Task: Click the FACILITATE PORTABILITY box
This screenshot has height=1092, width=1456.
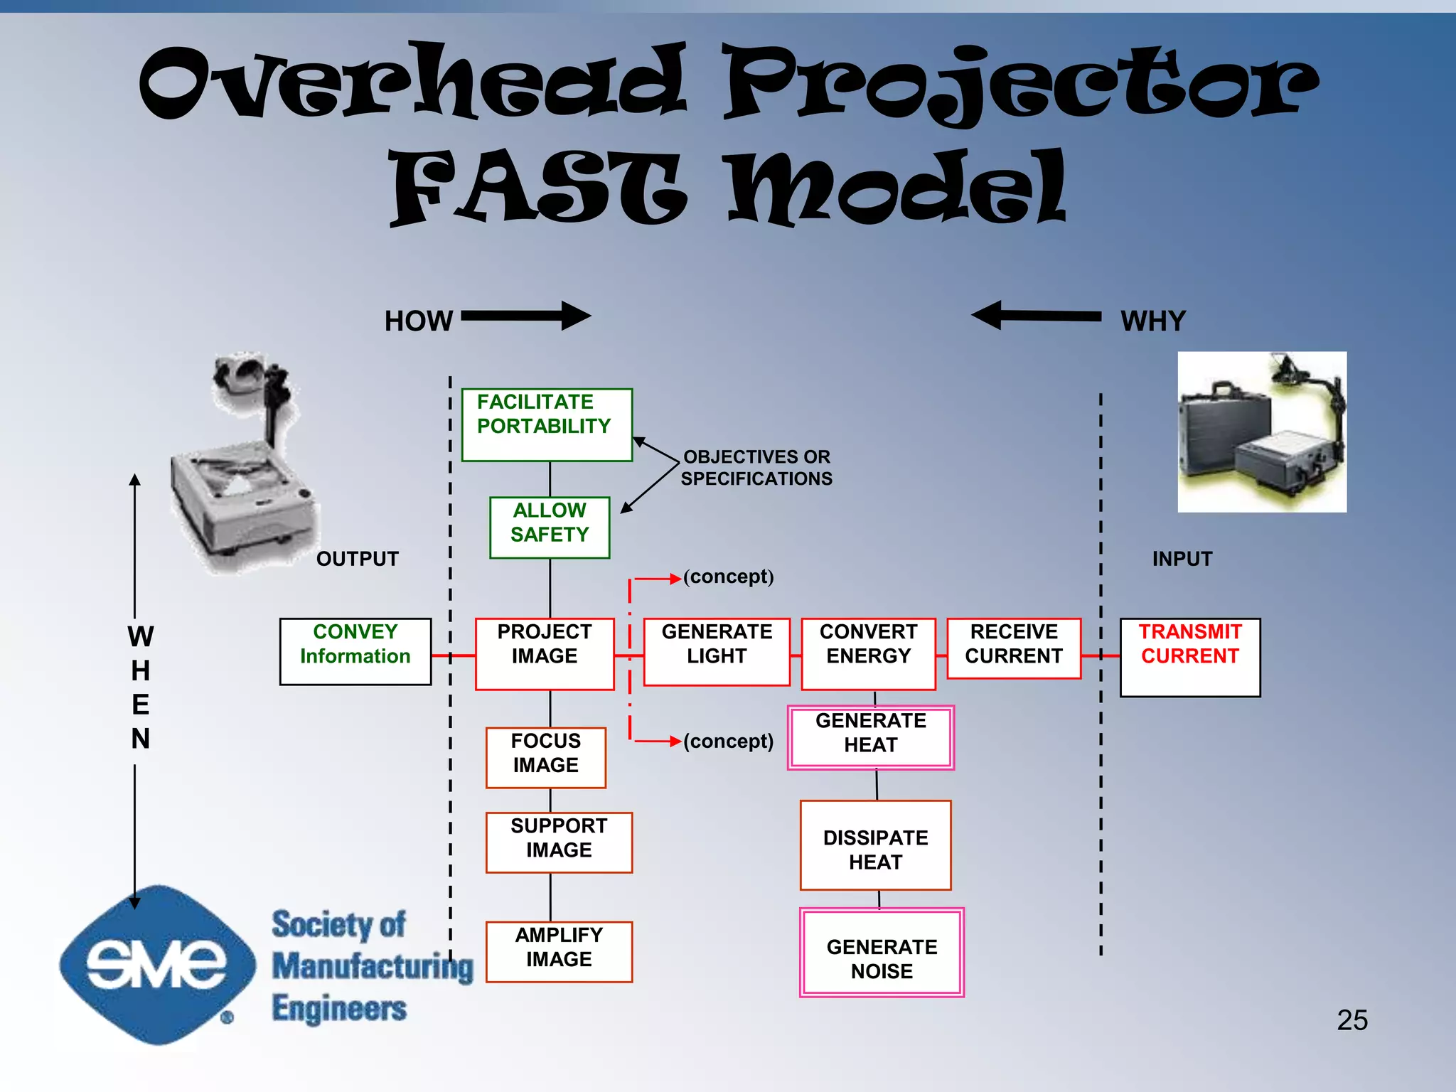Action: pyautogui.click(x=547, y=424)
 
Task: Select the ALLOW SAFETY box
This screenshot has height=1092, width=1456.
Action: pyautogui.click(x=550, y=527)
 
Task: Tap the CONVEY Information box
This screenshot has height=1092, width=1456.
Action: pyautogui.click(x=355, y=651)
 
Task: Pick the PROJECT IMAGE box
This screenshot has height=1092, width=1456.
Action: pyautogui.click(x=545, y=653)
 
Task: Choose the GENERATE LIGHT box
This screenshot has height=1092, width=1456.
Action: pyautogui.click(x=717, y=651)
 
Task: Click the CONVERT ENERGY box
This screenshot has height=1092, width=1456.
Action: pyautogui.click(x=868, y=653)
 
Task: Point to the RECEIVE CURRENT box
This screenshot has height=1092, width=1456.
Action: pyautogui.click(x=1014, y=648)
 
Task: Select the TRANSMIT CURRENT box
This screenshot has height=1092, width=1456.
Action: pyautogui.click(x=1189, y=657)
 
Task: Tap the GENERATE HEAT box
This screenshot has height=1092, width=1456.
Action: pyautogui.click(x=871, y=737)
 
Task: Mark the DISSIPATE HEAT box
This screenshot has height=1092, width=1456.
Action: pyautogui.click(x=875, y=845)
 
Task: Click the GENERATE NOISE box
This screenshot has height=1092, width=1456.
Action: pyautogui.click(x=882, y=953)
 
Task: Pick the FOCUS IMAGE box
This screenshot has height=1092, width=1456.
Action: pyautogui.click(x=546, y=757)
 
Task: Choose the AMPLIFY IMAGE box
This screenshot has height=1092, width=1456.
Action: pyautogui.click(x=559, y=951)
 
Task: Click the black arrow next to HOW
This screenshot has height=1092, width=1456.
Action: pyautogui.click(x=525, y=316)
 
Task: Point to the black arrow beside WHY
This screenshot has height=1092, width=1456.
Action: pyautogui.click(x=1036, y=316)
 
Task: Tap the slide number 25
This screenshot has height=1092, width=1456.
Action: pyautogui.click(x=1351, y=1020)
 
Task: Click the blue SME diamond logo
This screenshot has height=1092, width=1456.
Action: pyautogui.click(x=157, y=965)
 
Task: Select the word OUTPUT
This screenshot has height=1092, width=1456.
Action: pyautogui.click(x=357, y=559)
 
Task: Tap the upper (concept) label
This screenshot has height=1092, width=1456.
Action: pyautogui.click(x=728, y=577)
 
